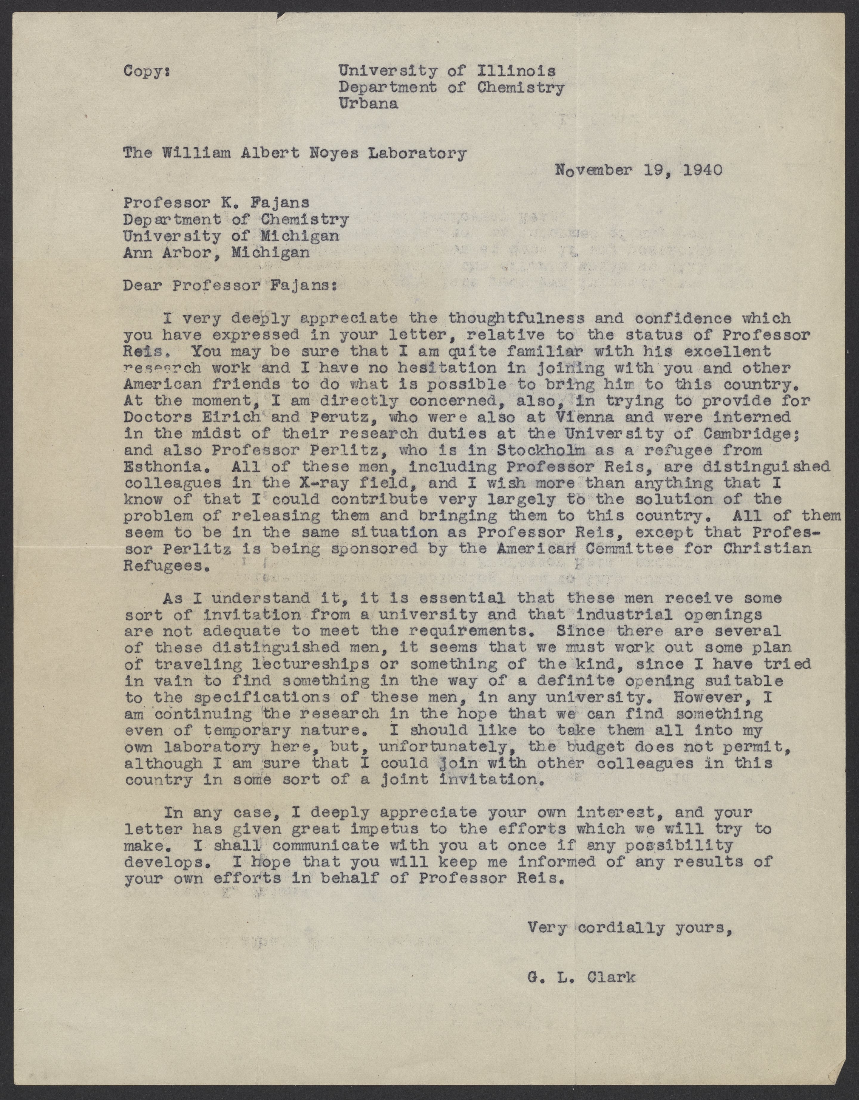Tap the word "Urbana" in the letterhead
(x=368, y=104)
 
